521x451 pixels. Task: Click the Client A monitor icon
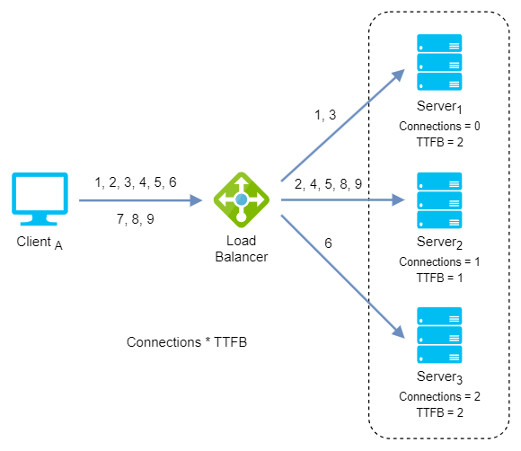40,199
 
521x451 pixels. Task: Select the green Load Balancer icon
242,199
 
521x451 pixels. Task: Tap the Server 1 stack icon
439,62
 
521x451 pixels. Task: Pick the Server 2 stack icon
439,200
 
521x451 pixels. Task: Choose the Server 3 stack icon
439,335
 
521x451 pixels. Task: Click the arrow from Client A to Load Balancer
140,200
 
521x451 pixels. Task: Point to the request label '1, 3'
325,115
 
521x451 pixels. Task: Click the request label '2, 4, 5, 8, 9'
328,184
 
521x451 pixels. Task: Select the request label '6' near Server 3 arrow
328,243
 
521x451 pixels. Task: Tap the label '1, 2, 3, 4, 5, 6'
136,182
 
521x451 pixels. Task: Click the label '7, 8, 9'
136,219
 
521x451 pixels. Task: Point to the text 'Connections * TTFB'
187,342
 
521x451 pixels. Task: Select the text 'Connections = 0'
439,127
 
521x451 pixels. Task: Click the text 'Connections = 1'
439,262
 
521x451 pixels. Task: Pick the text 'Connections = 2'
439,396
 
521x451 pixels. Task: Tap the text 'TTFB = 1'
439,278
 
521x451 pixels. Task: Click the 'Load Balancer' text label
242,249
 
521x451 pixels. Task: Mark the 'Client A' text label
40,243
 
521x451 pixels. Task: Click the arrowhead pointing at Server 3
399,332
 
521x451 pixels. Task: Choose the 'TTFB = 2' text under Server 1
439,142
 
